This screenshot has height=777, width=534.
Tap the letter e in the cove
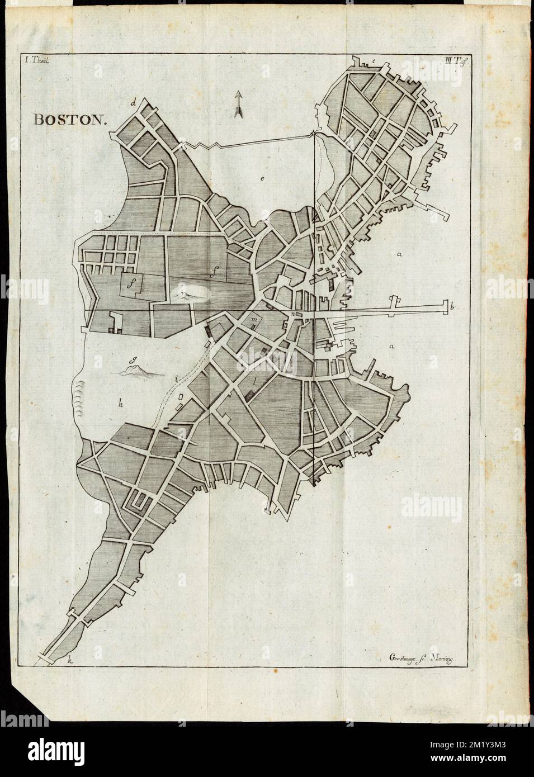pyautogui.click(x=261, y=178)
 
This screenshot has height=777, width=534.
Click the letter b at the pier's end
pyautogui.click(x=451, y=306)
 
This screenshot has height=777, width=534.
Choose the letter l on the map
pyautogui.click(x=255, y=382)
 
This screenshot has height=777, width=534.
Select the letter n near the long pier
pyautogui.click(x=293, y=314)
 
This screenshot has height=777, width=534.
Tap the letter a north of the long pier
pyautogui.click(x=399, y=254)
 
